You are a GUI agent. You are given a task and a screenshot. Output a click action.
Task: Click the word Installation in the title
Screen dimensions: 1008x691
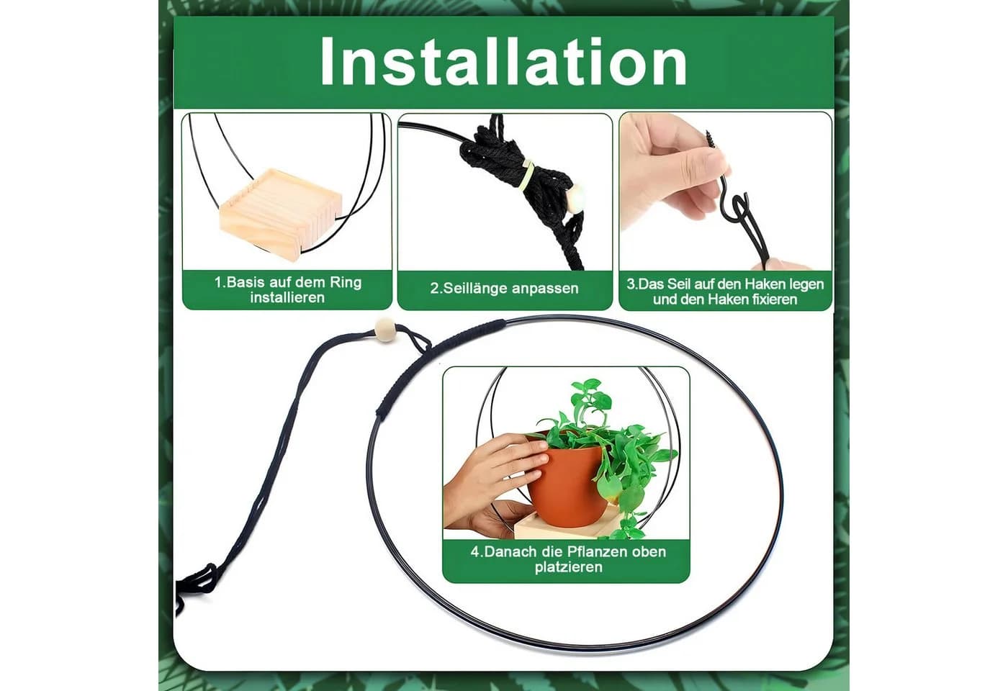click(x=503, y=62)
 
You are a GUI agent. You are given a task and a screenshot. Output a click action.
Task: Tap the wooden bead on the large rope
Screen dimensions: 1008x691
click(x=385, y=330)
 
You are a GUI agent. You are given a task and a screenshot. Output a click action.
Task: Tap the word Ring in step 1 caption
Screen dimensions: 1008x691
click(x=346, y=282)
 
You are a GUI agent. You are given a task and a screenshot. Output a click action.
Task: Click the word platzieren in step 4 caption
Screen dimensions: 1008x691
click(x=568, y=567)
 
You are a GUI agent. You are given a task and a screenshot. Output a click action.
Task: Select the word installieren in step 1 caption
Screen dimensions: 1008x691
click(x=287, y=298)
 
